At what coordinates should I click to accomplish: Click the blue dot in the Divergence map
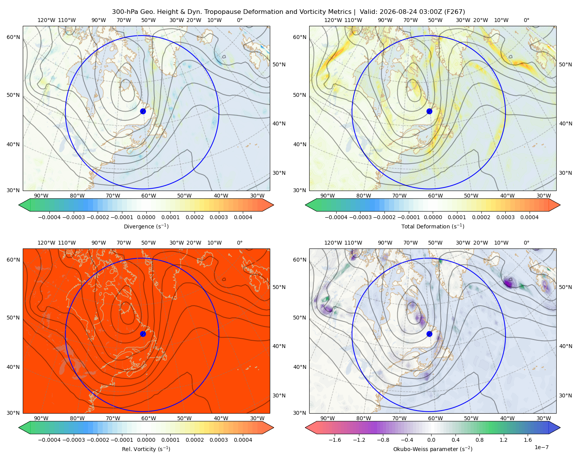point(143,111)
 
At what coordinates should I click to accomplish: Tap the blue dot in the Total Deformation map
point(429,111)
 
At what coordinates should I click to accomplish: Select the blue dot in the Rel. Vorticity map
point(143,334)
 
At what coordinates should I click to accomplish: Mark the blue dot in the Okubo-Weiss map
point(429,334)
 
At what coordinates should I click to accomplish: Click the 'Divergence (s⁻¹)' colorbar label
point(146,226)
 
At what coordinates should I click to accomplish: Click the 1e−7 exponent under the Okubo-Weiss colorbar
point(541,447)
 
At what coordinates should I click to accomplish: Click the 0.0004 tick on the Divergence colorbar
point(243,217)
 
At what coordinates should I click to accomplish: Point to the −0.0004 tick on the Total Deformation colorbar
point(336,217)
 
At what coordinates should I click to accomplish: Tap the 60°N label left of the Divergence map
point(13,37)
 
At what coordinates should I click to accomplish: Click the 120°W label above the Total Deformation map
point(333,20)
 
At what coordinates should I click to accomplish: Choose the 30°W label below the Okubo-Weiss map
point(543,418)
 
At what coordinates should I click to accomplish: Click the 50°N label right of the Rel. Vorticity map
point(279,287)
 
